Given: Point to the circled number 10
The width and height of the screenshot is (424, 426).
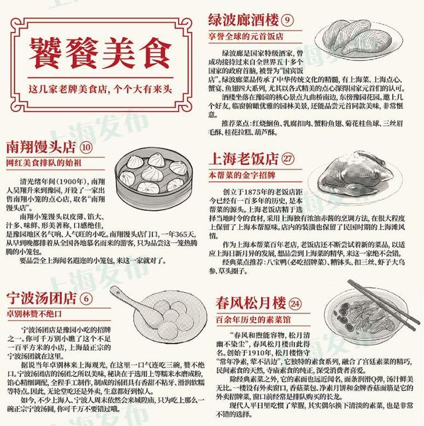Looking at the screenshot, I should [86, 146].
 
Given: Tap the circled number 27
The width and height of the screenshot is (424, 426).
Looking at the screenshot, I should [288, 160].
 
